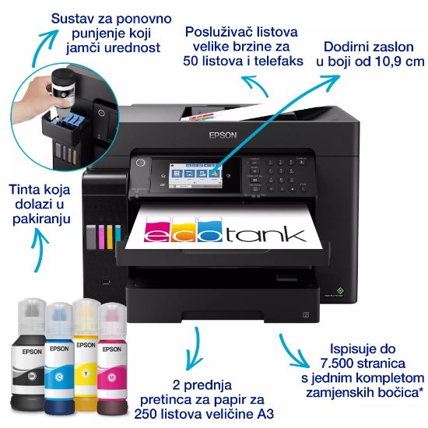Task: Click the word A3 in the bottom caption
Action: (x=262, y=412)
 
